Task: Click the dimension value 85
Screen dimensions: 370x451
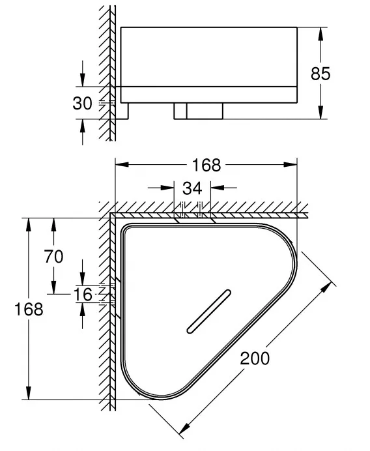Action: (320, 74)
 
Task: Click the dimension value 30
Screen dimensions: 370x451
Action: (82, 103)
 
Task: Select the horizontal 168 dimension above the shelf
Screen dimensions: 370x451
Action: (206, 165)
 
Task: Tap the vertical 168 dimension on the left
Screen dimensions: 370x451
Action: (29, 309)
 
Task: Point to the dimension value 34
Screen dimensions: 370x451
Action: (192, 188)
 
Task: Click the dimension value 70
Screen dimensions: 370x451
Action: (53, 257)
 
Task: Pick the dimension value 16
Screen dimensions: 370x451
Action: (83, 295)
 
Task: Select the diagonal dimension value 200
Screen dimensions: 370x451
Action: (255, 358)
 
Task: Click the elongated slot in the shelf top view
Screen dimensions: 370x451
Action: (208, 312)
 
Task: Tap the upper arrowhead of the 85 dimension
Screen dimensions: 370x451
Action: (321, 34)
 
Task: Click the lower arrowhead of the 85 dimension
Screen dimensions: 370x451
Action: (321, 112)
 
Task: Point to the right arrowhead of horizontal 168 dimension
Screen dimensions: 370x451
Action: (291, 165)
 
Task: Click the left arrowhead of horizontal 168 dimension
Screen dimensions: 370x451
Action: (122, 165)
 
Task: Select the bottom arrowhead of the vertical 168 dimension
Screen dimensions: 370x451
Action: (28, 393)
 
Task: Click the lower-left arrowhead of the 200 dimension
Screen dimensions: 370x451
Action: (184, 428)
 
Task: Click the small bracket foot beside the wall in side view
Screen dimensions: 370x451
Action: (122, 111)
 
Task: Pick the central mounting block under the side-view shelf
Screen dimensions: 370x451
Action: (199, 111)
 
